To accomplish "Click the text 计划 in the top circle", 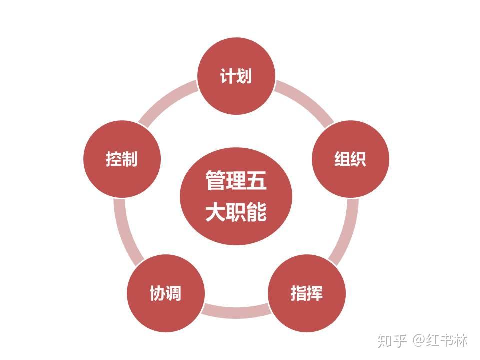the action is coord(236,76).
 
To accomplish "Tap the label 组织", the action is coord(350,159).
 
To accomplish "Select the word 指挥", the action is coord(307,293).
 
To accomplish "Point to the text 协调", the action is coord(165,293).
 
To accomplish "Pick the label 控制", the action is coord(121,159).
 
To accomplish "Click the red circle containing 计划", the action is coord(236,92).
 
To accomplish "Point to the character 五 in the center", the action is coord(256,180).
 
